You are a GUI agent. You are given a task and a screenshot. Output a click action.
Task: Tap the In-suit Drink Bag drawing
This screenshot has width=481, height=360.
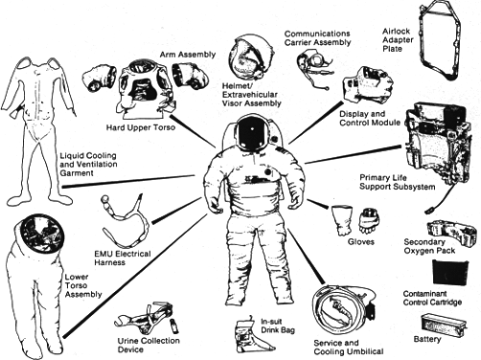[x=243, y=326]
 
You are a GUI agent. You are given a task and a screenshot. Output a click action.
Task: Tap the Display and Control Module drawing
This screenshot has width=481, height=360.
[x=369, y=87]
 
